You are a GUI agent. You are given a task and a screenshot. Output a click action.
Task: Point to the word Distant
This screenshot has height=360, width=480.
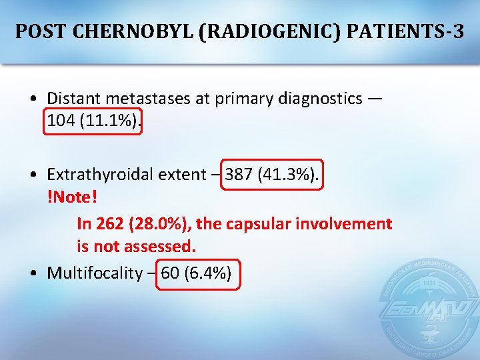tap(71, 99)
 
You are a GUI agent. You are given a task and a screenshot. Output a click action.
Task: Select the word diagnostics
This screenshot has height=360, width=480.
tap(319, 99)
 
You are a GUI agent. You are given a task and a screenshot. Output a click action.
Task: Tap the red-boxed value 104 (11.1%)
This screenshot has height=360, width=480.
tap(93, 121)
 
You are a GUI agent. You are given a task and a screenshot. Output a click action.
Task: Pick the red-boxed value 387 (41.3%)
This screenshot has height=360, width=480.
tap(272, 175)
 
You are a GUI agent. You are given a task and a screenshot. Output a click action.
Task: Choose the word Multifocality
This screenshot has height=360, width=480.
tap(95, 273)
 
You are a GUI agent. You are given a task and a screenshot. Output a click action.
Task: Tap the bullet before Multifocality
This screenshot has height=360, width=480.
tap(33, 273)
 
